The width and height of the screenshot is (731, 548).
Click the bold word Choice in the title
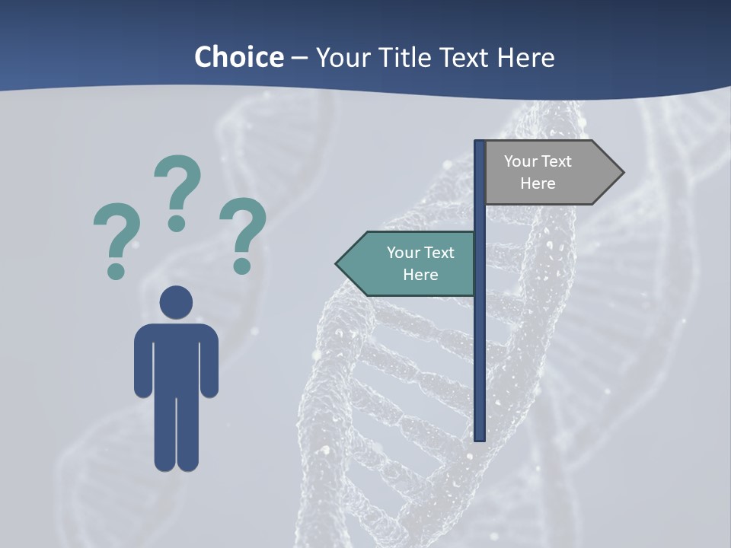(238, 57)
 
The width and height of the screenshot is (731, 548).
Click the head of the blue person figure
(176, 301)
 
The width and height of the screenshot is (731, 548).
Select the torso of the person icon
(176, 358)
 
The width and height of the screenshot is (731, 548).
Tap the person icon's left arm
(143, 362)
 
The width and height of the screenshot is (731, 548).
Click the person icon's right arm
(209, 362)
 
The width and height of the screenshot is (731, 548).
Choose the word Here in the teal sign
(420, 275)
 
